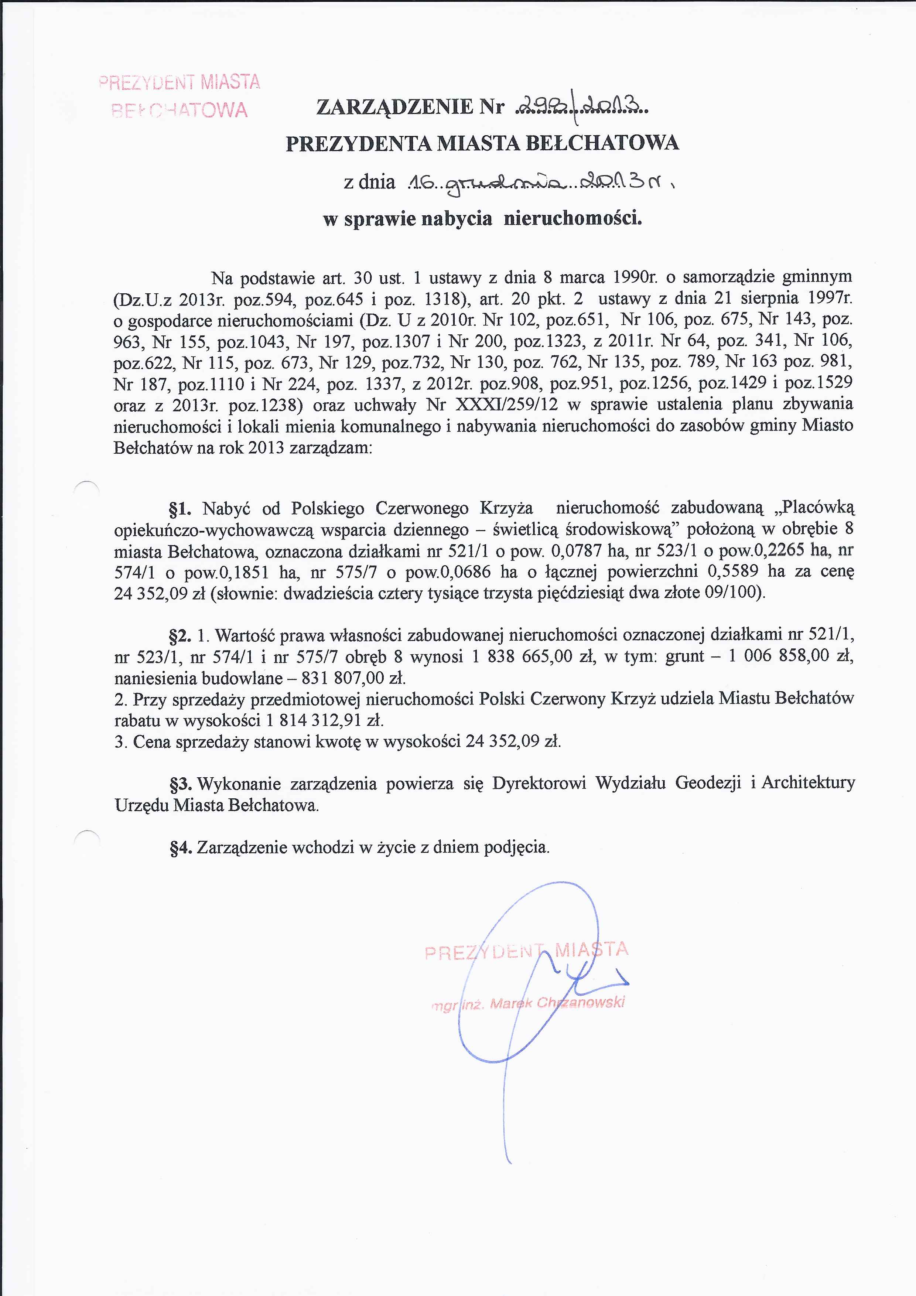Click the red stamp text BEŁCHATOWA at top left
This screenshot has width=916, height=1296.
[x=180, y=109]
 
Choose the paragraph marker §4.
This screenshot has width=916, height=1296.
[x=181, y=848]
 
